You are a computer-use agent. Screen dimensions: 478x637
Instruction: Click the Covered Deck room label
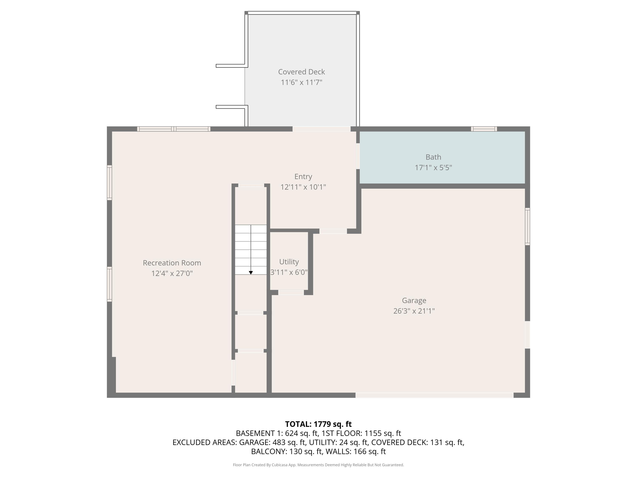[x=301, y=72]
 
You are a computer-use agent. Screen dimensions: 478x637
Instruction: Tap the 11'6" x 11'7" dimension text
[x=301, y=82]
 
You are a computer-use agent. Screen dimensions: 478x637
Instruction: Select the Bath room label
[x=433, y=157]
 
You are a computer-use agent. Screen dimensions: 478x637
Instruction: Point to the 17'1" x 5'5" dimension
[x=433, y=168]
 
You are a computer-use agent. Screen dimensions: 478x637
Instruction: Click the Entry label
[x=303, y=176]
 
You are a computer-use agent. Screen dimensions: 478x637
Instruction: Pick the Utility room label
[x=289, y=262]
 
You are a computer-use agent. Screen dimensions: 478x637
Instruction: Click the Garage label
[x=414, y=301]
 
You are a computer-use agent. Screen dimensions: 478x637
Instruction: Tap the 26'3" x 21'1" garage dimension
[x=414, y=311]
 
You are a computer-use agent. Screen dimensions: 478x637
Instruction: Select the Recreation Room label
[x=172, y=263]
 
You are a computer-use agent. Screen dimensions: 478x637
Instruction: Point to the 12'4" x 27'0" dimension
[x=172, y=273]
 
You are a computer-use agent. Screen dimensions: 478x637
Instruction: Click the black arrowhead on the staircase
[x=251, y=273]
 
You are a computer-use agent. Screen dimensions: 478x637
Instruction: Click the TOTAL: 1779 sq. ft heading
[x=318, y=424]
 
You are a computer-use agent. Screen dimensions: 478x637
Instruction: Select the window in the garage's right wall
[x=527, y=226]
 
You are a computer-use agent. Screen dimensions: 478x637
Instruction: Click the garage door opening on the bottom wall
[x=434, y=395]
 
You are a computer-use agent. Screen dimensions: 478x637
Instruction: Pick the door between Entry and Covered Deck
[x=321, y=129]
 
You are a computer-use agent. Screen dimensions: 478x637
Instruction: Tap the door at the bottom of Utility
[x=291, y=293]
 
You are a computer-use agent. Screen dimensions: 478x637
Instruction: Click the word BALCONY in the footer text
[x=269, y=451]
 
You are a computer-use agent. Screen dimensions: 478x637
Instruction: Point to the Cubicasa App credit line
[x=318, y=465]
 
